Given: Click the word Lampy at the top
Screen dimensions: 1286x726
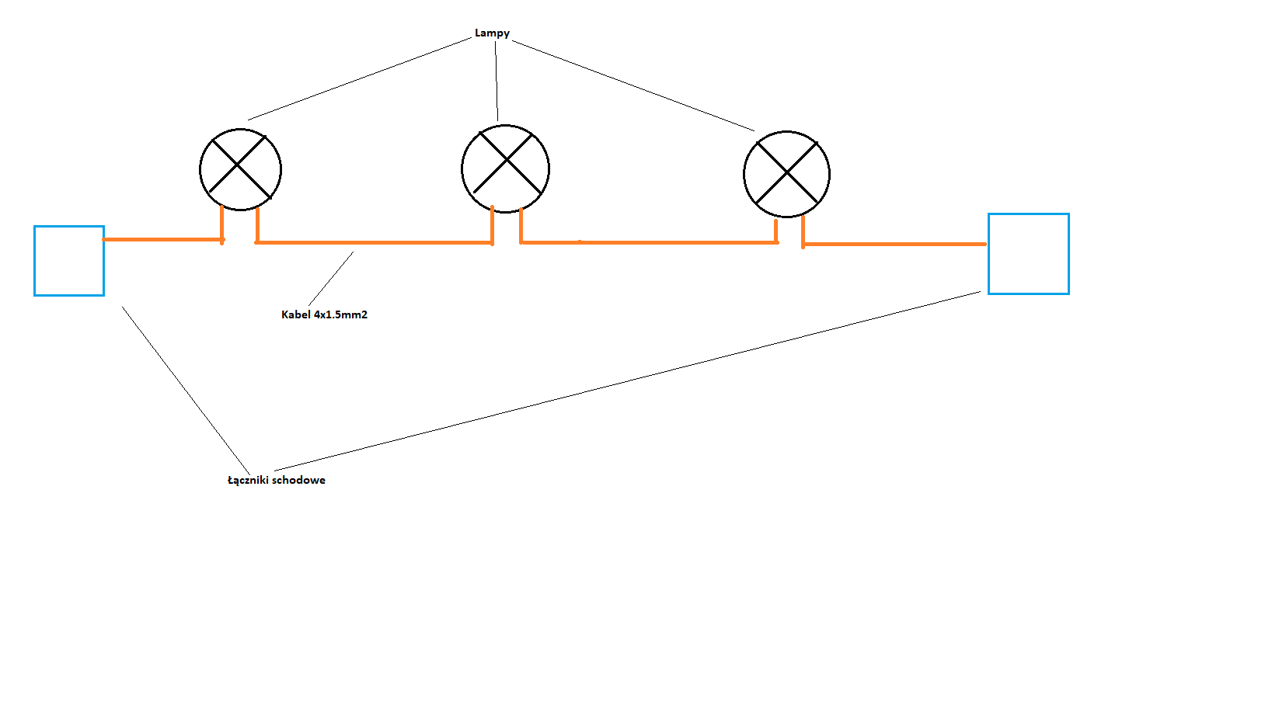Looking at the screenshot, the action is (x=492, y=33).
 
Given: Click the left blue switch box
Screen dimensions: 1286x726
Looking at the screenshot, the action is (x=35, y=261).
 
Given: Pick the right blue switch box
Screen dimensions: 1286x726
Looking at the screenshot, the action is (x=989, y=254).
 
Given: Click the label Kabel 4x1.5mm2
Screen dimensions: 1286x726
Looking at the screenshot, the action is (x=324, y=314).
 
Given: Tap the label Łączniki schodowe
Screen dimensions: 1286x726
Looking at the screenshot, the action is (x=276, y=481).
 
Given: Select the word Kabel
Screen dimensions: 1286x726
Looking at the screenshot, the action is (x=296, y=314).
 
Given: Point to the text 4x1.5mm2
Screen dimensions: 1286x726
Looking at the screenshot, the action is (x=341, y=314).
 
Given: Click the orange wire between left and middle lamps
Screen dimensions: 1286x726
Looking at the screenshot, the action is (x=373, y=243).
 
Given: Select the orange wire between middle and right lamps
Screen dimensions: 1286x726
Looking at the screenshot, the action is (x=649, y=243).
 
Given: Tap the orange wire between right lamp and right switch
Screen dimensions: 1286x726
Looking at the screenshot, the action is (x=894, y=245).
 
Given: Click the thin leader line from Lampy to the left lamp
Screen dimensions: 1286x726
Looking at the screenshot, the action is (x=360, y=79).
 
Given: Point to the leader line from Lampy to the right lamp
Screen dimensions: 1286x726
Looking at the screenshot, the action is (x=633, y=85).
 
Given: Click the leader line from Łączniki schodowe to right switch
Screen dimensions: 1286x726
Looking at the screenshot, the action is (x=628, y=381).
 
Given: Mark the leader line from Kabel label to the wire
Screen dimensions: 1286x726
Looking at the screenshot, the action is (x=331, y=278).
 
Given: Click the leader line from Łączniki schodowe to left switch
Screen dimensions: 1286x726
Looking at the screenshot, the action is (x=186, y=391).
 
